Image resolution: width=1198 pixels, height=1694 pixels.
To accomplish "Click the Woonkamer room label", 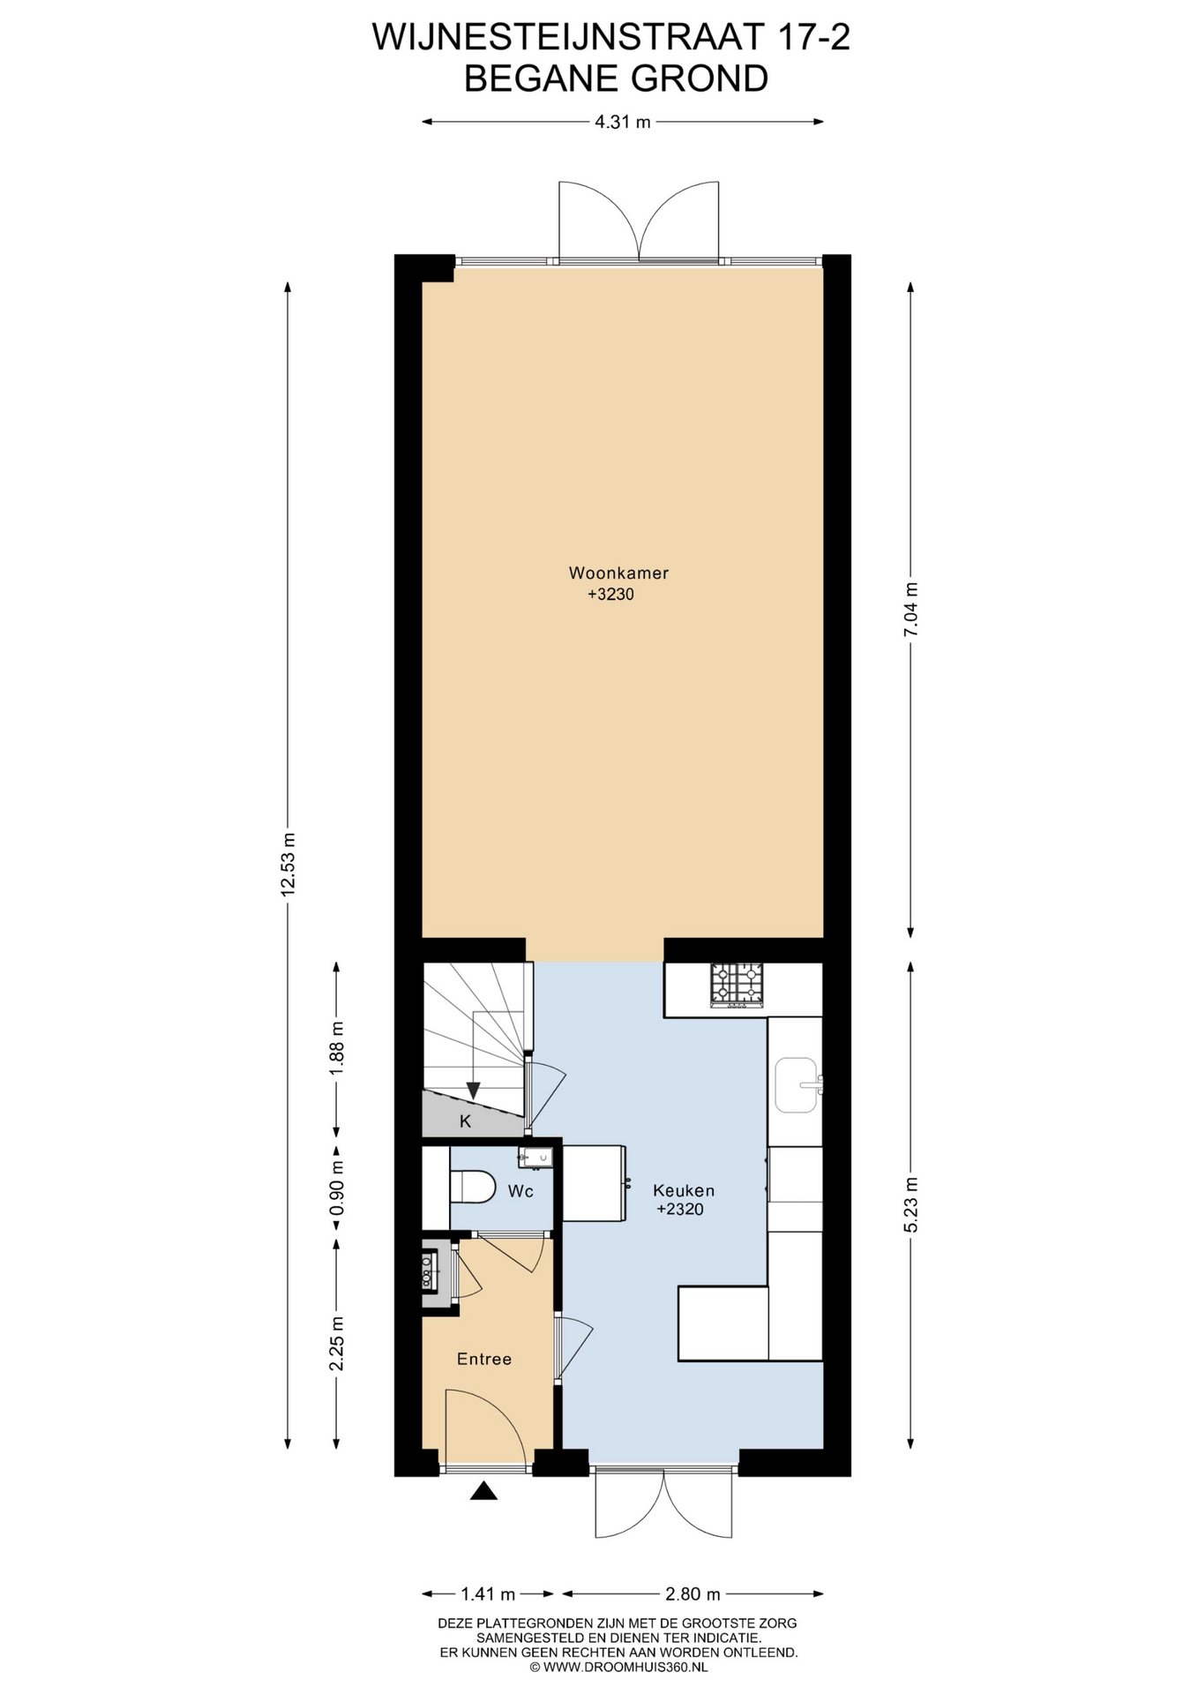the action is pos(618,573).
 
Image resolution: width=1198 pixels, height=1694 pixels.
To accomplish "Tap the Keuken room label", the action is pos(684,1189).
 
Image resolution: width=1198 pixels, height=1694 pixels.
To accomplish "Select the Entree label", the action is pos(484,1360).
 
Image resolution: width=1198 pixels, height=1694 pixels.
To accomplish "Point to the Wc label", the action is pos(520,1192).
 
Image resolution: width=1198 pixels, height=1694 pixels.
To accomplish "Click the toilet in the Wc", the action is pos(475,1186).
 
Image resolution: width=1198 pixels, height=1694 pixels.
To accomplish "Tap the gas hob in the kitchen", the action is pos(737,986).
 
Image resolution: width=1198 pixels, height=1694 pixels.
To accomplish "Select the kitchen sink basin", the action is pos(797,1085).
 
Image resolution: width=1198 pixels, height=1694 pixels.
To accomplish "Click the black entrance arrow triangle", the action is pos(483,1490).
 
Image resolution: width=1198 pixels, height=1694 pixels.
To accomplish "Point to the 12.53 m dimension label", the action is pos(288,866).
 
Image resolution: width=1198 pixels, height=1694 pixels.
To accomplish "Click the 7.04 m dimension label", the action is pos(911,609).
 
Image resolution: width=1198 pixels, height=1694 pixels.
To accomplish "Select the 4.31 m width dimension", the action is pos(622,122).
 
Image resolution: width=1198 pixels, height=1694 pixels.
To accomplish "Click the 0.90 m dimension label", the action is pos(336,1186).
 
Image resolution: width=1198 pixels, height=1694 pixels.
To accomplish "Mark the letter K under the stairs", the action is pos(466,1121).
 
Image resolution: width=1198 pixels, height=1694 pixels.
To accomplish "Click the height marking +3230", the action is pos(611,595).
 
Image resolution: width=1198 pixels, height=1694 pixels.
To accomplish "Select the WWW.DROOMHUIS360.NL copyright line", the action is pos(618,1667).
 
